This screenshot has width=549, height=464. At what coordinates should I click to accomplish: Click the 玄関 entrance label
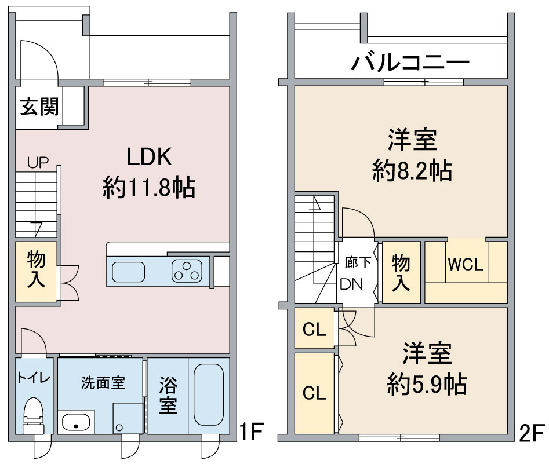39,107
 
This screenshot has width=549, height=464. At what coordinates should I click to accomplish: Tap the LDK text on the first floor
149,157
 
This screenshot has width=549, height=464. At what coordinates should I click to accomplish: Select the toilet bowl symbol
33,415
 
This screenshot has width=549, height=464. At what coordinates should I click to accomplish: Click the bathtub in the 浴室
209,394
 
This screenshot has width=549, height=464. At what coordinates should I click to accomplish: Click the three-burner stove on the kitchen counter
187,271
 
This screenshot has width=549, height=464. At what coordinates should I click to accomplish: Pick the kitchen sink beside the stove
128,272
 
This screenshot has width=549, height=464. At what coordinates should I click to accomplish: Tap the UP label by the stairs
38,162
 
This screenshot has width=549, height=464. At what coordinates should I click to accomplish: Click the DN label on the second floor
351,284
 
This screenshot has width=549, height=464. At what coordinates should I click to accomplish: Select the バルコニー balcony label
410,63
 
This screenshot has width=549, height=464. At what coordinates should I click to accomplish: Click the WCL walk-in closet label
466,265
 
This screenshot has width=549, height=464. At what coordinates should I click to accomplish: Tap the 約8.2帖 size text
412,171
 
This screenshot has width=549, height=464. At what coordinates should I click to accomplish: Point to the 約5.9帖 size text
427,384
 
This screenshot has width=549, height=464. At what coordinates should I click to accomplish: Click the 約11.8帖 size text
149,188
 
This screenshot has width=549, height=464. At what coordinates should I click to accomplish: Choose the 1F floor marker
250,431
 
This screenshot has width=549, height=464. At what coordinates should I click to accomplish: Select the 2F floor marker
532,433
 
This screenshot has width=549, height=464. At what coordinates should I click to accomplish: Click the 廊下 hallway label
358,262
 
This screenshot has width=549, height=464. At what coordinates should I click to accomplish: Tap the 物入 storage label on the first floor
36,269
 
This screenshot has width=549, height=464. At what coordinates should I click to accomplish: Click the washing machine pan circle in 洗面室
120,428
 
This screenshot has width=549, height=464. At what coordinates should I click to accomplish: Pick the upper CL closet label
314,329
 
